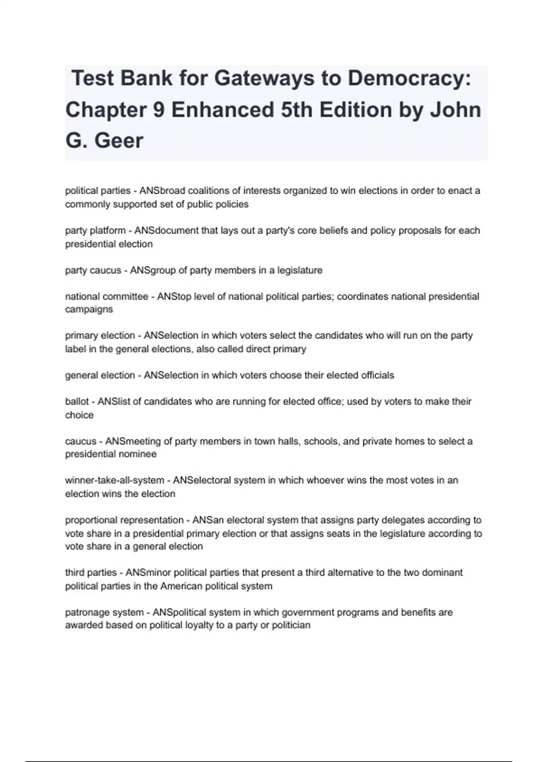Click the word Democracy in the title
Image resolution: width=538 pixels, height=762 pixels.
[x=409, y=78]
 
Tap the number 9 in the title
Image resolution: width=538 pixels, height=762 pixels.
[x=158, y=110]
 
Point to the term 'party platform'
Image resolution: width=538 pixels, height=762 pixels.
[x=95, y=231]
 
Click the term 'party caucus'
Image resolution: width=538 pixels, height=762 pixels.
[x=93, y=270]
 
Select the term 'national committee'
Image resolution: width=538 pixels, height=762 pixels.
[x=106, y=297]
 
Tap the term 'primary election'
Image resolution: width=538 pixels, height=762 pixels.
[x=100, y=336]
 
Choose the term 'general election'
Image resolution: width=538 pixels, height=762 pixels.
[x=100, y=375]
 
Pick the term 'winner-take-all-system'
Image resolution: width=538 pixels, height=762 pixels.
[x=114, y=481]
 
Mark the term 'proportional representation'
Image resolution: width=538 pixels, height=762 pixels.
[x=124, y=520]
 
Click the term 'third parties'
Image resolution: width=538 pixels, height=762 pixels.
[x=91, y=573]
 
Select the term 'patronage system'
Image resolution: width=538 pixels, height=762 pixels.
[x=104, y=612]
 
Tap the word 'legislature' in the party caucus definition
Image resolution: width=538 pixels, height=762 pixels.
[x=299, y=270]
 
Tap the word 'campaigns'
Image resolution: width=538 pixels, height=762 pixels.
[x=89, y=309]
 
